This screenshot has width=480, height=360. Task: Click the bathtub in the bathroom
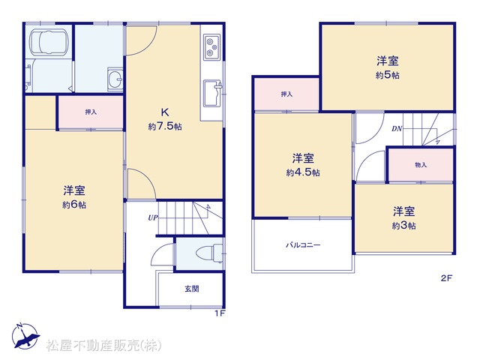tap(48, 43)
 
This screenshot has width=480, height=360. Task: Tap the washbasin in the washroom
tap(115, 79)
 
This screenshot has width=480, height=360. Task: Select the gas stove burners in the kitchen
tap(211, 47)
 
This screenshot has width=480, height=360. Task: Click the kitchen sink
tap(212, 93)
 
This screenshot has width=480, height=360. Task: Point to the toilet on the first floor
tap(210, 253)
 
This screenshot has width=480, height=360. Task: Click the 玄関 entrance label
tap(192, 289)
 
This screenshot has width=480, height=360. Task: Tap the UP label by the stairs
tap(153, 217)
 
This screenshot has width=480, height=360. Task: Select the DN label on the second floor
tap(397, 128)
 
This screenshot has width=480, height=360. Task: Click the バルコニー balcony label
tap(303, 245)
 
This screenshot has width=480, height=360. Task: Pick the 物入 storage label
tap(421, 165)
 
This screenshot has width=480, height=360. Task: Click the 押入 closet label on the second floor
tap(286, 94)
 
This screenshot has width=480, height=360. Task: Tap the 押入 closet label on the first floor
tap(91, 112)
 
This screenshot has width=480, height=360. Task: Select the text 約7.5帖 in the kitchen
tap(165, 126)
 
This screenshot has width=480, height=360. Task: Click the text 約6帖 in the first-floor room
tap(74, 205)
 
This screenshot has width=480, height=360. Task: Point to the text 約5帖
tap(387, 75)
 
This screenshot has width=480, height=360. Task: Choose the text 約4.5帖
tap(303, 172)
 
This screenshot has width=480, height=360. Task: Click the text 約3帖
tap(403, 226)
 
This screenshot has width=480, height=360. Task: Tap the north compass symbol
tap(25, 336)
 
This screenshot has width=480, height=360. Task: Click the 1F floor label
tap(220, 313)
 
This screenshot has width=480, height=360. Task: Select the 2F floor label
tap(447, 278)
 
